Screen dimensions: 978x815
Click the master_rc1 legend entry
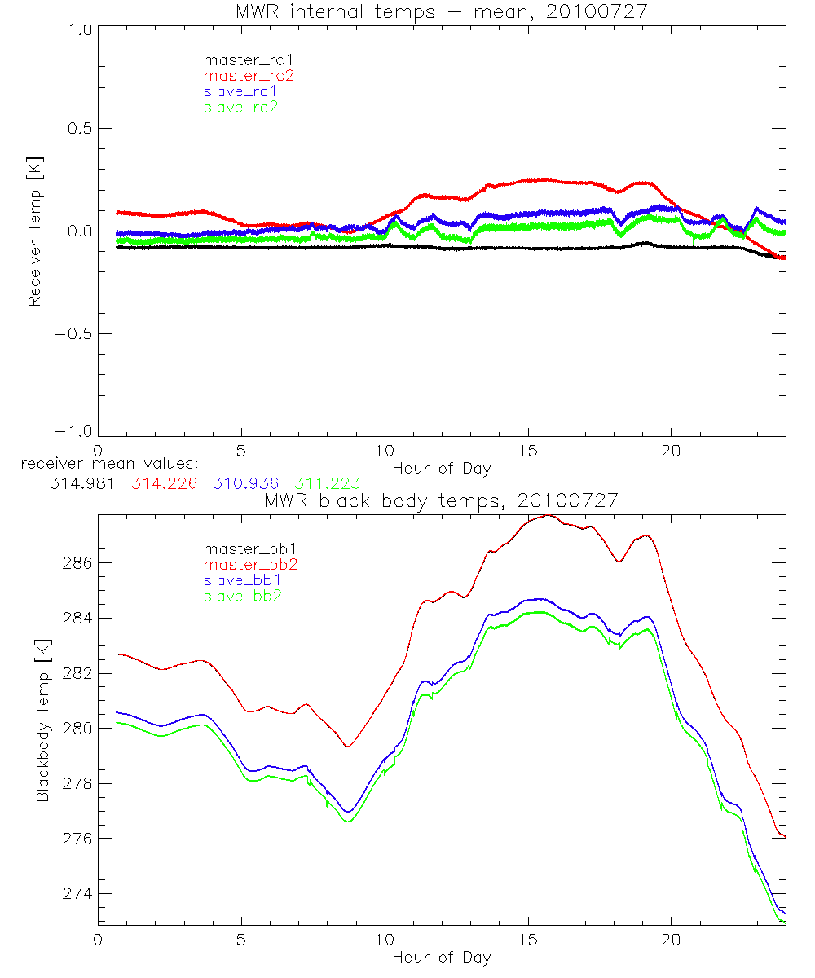coord(242,60)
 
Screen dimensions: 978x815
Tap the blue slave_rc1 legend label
coord(240,91)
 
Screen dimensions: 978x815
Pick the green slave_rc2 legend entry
coord(240,107)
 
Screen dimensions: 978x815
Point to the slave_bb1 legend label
coord(241,580)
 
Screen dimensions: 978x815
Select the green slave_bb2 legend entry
coord(241,596)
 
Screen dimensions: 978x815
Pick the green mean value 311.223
coord(327,483)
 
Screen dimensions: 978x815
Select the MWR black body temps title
coord(441,501)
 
